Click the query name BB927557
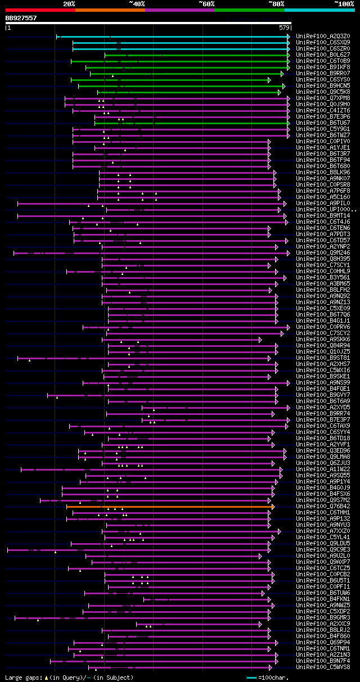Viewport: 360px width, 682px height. click(x=21, y=18)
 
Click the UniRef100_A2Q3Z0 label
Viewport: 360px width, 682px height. click(x=323, y=37)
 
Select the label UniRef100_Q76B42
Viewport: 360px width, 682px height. click(x=323, y=507)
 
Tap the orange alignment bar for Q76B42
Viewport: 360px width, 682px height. click(x=169, y=507)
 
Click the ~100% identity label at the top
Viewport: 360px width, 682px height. click(x=343, y=3)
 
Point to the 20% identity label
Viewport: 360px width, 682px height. click(x=69, y=3)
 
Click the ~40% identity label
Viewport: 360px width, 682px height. click(x=137, y=3)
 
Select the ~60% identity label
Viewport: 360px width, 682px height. click(x=206, y=3)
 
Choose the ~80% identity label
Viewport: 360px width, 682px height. click(x=276, y=3)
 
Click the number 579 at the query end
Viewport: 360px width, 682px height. click(x=284, y=27)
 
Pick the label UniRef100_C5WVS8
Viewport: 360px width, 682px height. click(x=323, y=667)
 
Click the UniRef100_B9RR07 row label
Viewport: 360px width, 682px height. click(x=323, y=74)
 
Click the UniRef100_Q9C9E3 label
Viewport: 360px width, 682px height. click(x=323, y=550)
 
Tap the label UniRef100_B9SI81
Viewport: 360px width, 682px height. click(x=323, y=358)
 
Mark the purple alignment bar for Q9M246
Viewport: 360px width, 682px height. click(x=169, y=253)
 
